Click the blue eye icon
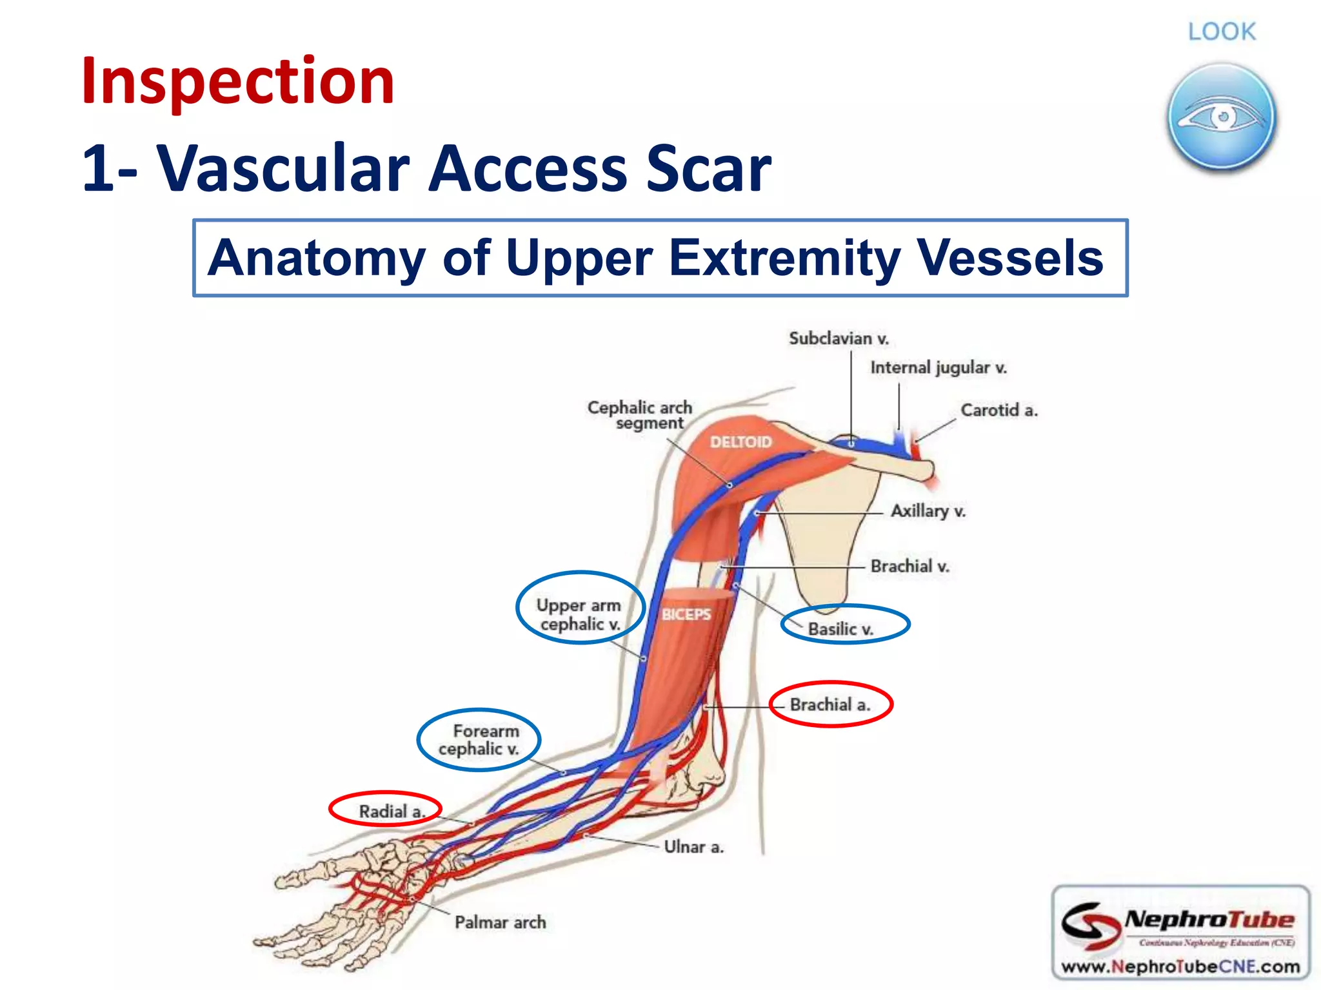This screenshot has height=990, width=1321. click(x=1221, y=117)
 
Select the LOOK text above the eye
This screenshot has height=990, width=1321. click(x=1222, y=32)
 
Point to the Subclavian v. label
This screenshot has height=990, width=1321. click(x=839, y=338)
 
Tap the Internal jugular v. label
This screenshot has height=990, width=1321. click(x=938, y=367)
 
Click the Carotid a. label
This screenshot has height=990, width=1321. click(x=998, y=410)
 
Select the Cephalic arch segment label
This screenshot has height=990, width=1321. click(x=640, y=415)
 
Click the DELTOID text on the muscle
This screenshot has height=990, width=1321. click(x=740, y=442)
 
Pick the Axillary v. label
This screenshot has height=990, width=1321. click(x=928, y=511)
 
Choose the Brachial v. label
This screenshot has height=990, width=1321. click(x=909, y=567)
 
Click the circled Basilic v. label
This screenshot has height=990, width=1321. click(x=841, y=628)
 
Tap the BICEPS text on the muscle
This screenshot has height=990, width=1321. click(x=686, y=614)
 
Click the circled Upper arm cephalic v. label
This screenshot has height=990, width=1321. click(x=579, y=614)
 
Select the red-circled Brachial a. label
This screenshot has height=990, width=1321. click(x=830, y=704)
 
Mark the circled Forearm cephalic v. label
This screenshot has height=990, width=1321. click(x=479, y=740)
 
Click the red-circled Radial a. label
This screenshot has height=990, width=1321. click(x=391, y=811)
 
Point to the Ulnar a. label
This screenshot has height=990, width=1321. click(x=693, y=847)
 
